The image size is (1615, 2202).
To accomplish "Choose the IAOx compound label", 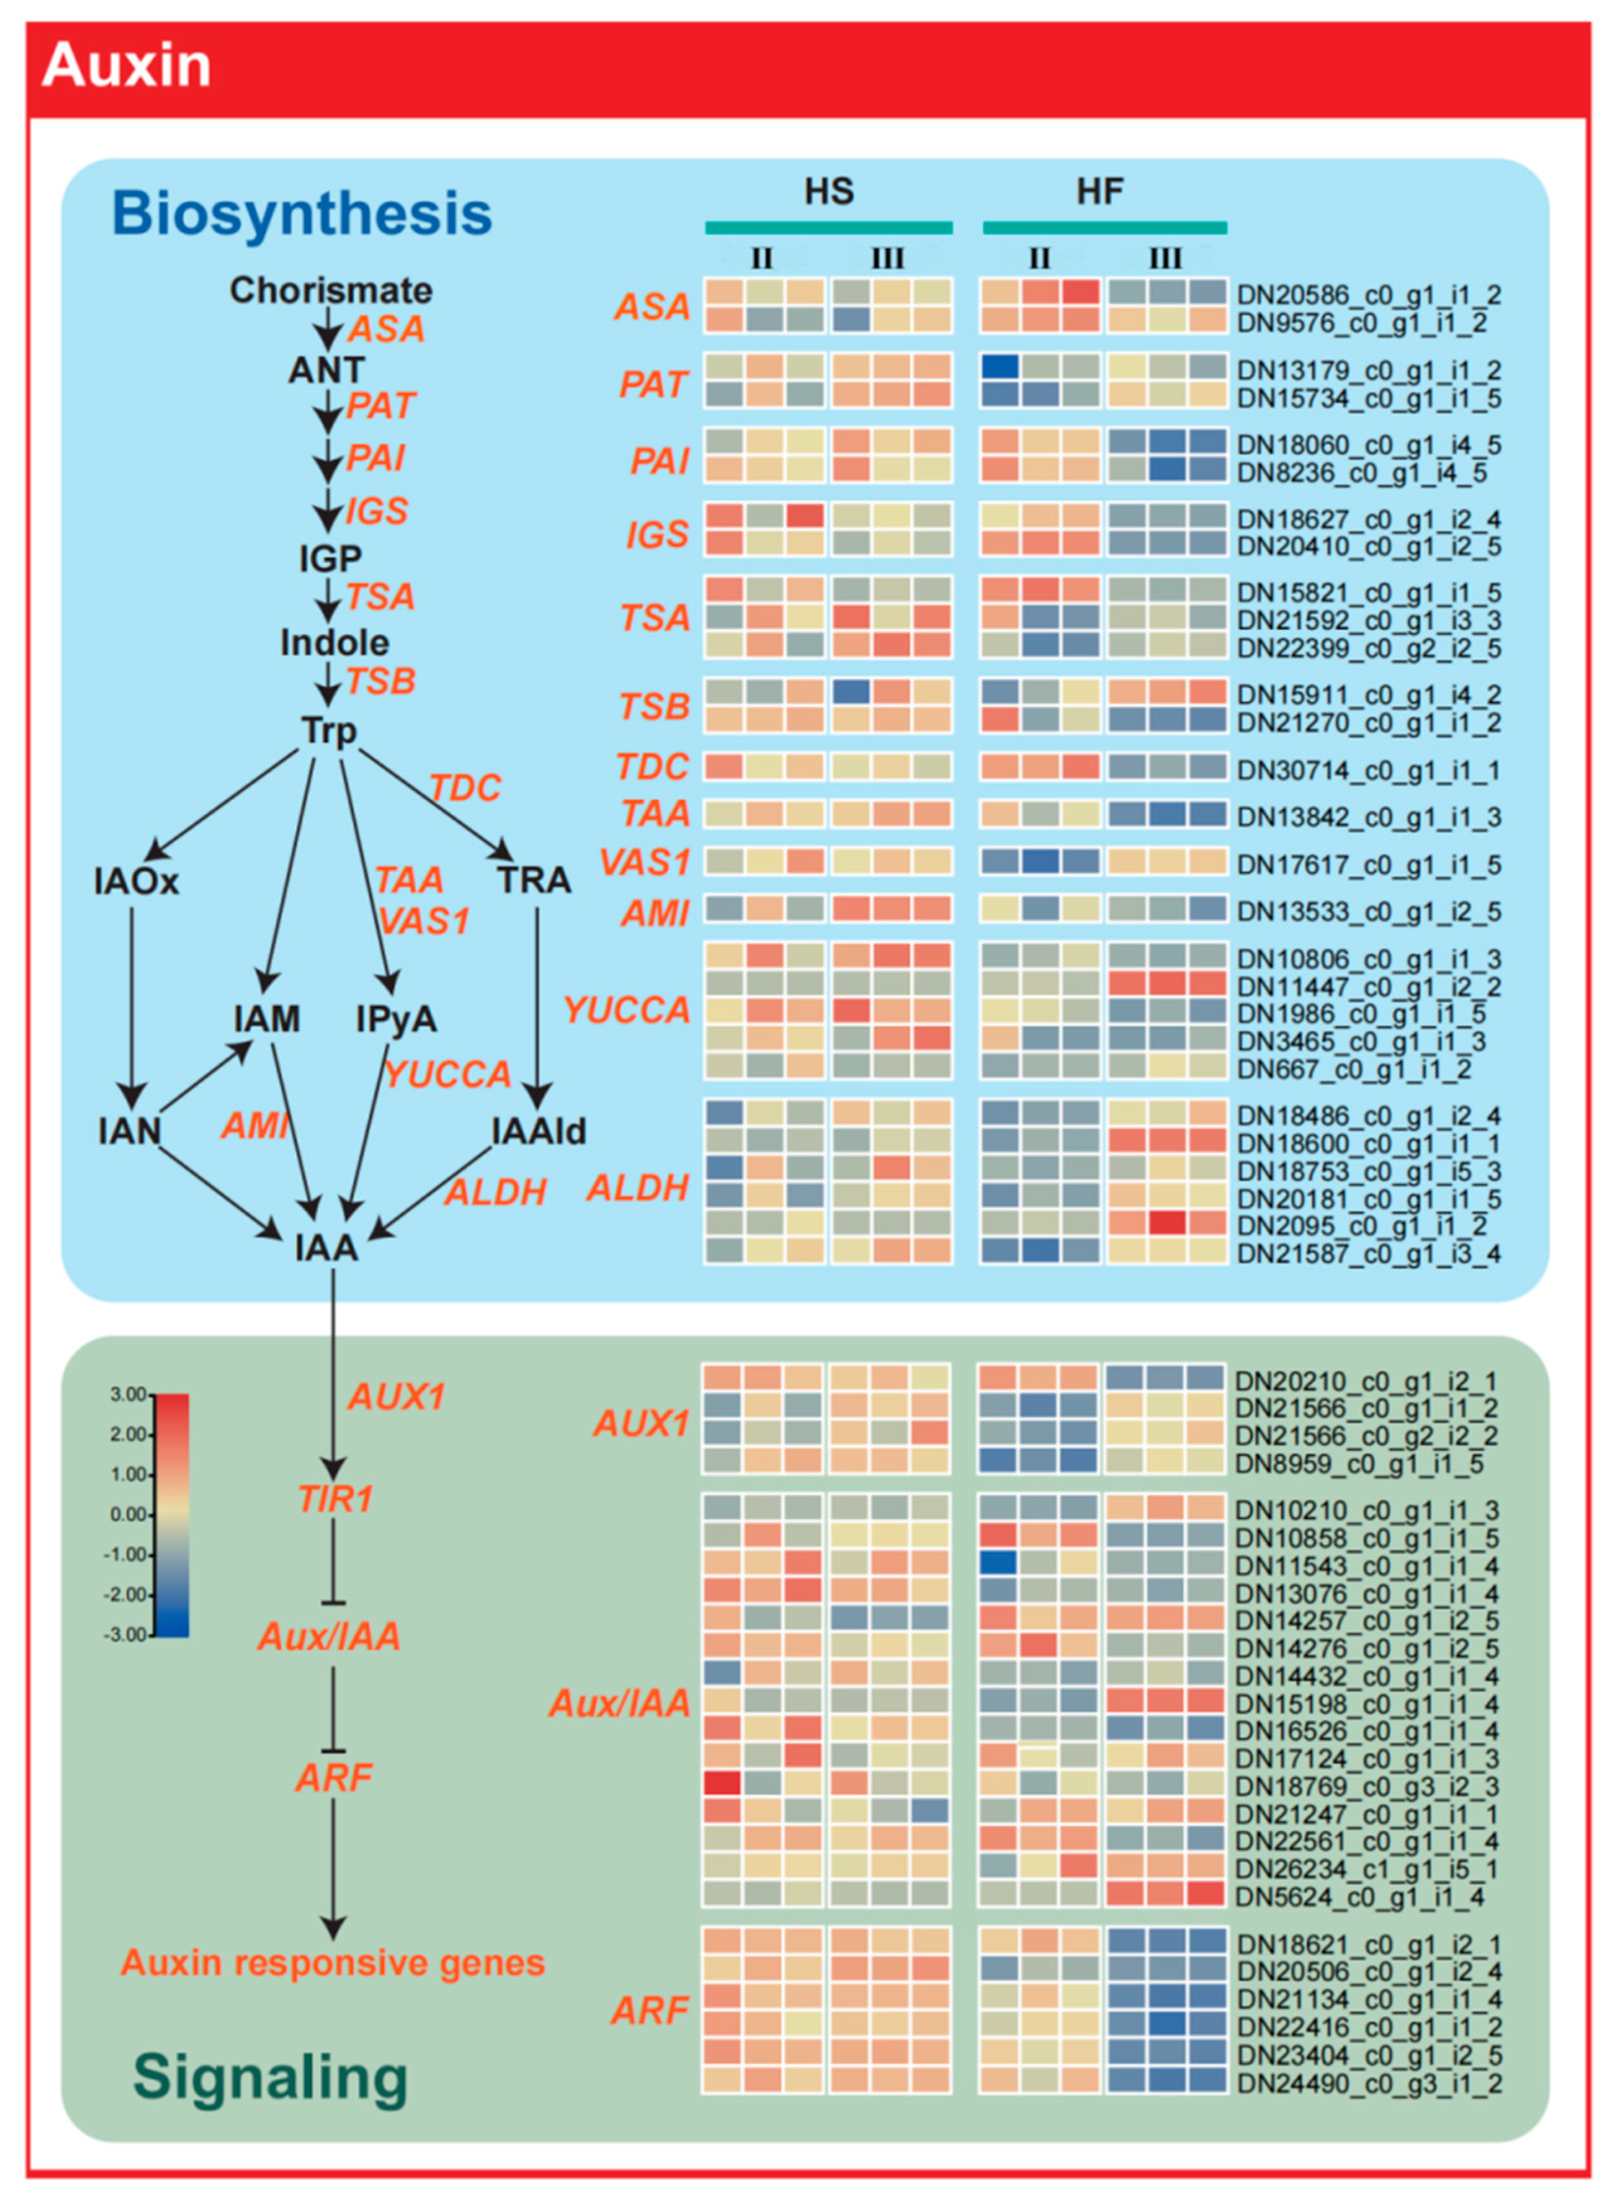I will tap(137, 881).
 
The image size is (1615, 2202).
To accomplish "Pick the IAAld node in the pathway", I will tap(539, 1131).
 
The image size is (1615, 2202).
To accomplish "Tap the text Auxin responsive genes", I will tap(332, 1963).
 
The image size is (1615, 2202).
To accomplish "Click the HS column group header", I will tap(829, 192).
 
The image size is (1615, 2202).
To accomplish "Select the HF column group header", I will tap(1100, 192).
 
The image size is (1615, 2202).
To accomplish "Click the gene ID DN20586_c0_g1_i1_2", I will tap(1369, 294).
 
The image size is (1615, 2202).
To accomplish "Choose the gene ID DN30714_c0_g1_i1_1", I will tap(1369, 770).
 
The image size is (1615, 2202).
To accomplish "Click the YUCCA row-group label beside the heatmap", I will tap(626, 1009).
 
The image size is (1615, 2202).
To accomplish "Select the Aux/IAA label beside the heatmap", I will tap(620, 1704).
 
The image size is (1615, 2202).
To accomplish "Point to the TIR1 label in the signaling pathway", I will tap(335, 1498).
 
